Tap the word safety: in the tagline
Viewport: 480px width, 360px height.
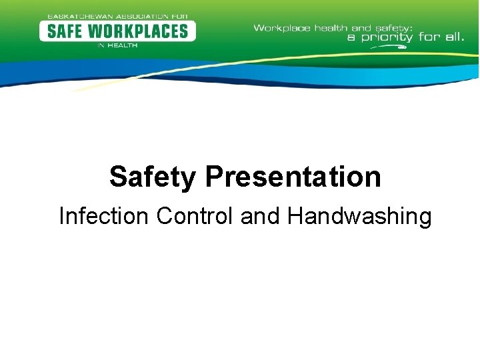click(x=393, y=29)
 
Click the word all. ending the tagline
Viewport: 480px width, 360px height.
click(x=452, y=37)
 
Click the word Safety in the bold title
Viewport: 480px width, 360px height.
click(x=153, y=177)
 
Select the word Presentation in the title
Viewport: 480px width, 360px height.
click(x=293, y=177)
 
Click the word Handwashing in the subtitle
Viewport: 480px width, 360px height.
click(x=359, y=217)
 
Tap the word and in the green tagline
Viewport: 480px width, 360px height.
click(x=361, y=28)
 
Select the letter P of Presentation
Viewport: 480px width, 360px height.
click(x=214, y=177)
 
